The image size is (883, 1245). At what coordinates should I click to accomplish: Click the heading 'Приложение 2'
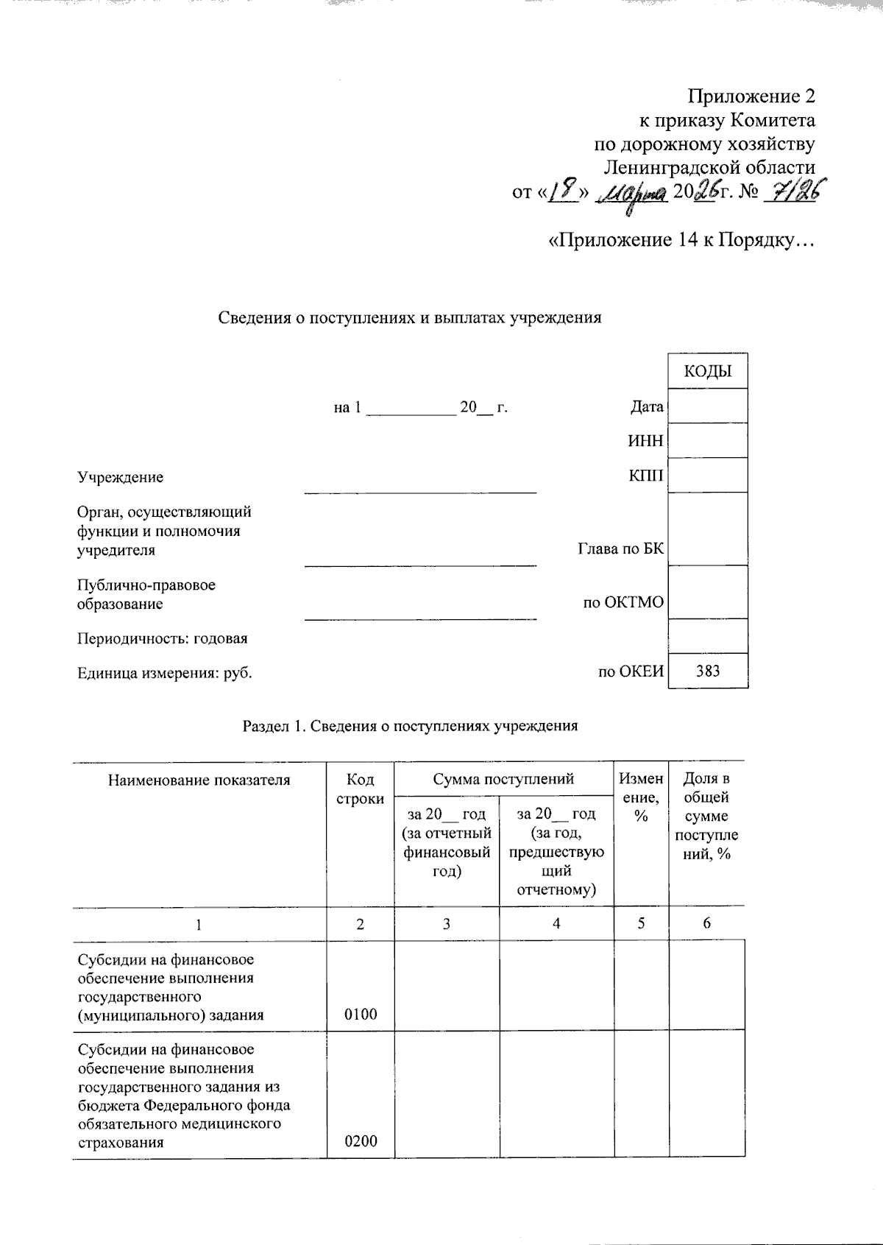751,96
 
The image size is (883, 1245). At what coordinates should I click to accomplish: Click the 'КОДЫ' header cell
708,371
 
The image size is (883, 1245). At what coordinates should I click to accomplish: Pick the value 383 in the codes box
708,671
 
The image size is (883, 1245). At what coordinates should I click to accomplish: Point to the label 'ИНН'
645,441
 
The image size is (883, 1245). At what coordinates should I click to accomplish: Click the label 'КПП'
646,476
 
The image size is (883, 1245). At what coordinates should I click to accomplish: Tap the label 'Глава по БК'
620,549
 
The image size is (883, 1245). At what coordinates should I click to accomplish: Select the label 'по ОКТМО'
623,603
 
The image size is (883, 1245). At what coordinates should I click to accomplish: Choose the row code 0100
361,1015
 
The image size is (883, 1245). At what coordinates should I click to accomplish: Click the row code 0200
361,1142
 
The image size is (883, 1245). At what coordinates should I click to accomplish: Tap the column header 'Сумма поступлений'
503,779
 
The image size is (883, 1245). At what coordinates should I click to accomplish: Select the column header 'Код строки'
360,789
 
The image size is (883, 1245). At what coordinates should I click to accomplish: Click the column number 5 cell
642,923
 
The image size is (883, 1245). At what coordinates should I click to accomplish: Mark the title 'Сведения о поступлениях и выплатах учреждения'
410,318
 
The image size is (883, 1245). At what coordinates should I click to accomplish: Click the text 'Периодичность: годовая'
163,638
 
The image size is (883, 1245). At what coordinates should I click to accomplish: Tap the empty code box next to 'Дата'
708,406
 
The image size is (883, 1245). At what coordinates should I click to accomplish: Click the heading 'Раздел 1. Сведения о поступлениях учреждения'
410,726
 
